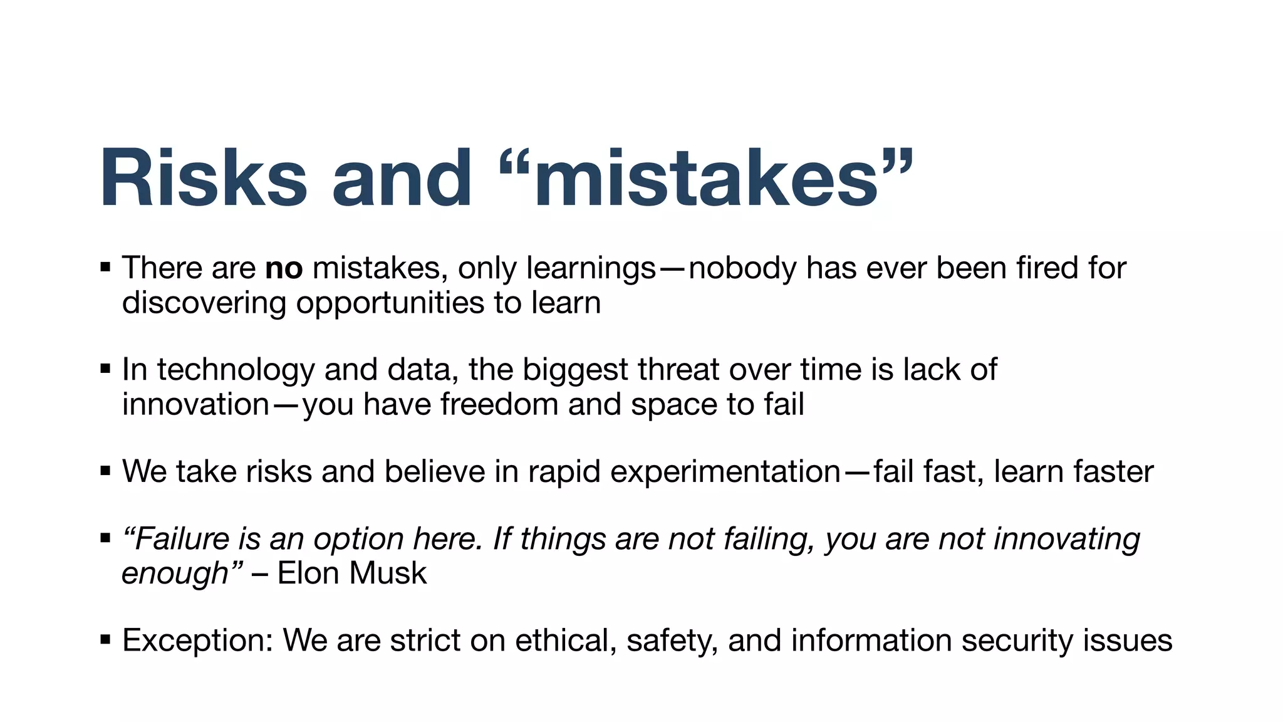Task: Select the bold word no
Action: [x=284, y=268]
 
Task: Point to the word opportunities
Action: [x=390, y=303]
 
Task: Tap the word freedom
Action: [x=499, y=404]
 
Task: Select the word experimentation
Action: [x=725, y=472]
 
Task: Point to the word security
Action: [x=1017, y=641]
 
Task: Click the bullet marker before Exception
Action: [x=105, y=640]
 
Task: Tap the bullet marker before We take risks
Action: [x=105, y=471]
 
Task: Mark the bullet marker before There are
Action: [x=105, y=268]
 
